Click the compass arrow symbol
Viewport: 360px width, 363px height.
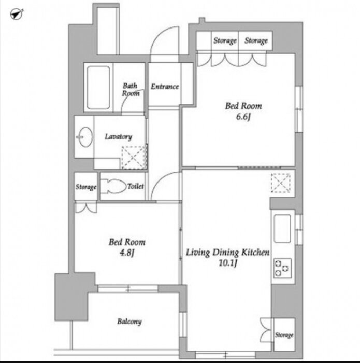[x=17, y=14]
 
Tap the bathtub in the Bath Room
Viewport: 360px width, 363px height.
[x=98, y=88]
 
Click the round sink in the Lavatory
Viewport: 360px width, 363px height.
[x=84, y=137]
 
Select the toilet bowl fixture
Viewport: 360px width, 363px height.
[x=113, y=186]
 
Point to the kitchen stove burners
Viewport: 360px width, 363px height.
[x=282, y=268]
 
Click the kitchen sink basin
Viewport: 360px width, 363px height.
[x=282, y=229]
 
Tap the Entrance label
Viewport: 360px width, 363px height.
[x=165, y=87]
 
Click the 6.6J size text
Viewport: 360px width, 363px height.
[x=243, y=117]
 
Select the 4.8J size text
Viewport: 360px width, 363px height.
[x=127, y=253]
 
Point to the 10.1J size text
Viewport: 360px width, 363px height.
[x=228, y=263]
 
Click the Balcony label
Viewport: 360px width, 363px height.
[x=129, y=322]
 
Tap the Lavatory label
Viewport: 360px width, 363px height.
[x=119, y=136]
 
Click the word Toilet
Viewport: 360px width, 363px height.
[x=136, y=186]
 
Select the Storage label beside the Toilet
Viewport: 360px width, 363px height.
[x=86, y=187]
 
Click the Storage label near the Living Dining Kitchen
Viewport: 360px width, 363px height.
[x=284, y=335]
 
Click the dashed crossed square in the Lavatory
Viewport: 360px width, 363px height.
[x=134, y=158]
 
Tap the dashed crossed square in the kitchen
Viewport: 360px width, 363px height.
[x=280, y=183]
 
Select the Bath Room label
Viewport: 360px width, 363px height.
[x=131, y=89]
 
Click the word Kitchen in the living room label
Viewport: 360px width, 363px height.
[x=255, y=252]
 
